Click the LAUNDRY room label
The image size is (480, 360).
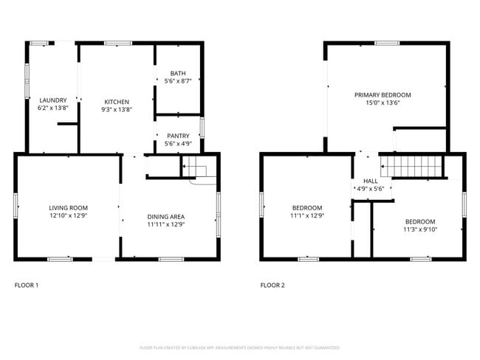point(53,100)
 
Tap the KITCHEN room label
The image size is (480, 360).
point(117,102)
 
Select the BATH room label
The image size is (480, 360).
point(178,73)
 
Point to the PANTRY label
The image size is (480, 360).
point(178,136)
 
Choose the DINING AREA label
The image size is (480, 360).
point(166,217)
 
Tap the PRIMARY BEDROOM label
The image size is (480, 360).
point(383,95)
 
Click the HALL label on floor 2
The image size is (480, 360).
point(370,181)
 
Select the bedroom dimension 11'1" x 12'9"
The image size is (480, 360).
point(307,216)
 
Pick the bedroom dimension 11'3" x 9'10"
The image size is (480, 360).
point(420,229)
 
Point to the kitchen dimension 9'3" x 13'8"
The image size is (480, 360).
point(117,109)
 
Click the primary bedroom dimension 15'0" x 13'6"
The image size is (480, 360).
point(383,103)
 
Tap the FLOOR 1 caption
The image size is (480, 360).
point(27,285)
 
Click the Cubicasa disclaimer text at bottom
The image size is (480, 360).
point(239,347)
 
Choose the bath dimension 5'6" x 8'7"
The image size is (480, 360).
point(178,80)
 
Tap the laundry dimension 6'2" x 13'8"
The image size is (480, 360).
point(53,108)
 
